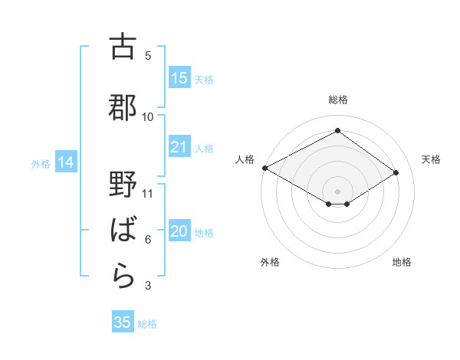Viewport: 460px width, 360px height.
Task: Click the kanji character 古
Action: click(123, 47)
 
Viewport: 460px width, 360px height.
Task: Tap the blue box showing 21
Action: click(179, 148)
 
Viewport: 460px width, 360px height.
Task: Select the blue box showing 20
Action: click(179, 232)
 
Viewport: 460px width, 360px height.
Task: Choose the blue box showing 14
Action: click(66, 162)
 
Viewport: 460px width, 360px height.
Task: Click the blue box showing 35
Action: click(123, 322)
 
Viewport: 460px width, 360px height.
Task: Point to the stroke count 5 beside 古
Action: click(148, 55)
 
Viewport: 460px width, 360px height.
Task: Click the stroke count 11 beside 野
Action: click(148, 192)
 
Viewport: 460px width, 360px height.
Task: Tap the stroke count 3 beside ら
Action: click(148, 286)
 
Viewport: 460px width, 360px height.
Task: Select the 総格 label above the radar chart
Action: click(337, 100)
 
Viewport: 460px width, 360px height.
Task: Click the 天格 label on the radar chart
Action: click(431, 159)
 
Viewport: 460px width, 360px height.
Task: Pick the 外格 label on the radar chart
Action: click(270, 262)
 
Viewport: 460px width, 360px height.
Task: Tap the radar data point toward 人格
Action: click(264, 168)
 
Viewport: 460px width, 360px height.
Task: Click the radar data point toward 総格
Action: click(337, 131)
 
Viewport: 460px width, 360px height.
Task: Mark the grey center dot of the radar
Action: click(337, 190)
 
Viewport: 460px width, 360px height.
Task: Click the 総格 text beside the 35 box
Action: click(147, 324)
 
